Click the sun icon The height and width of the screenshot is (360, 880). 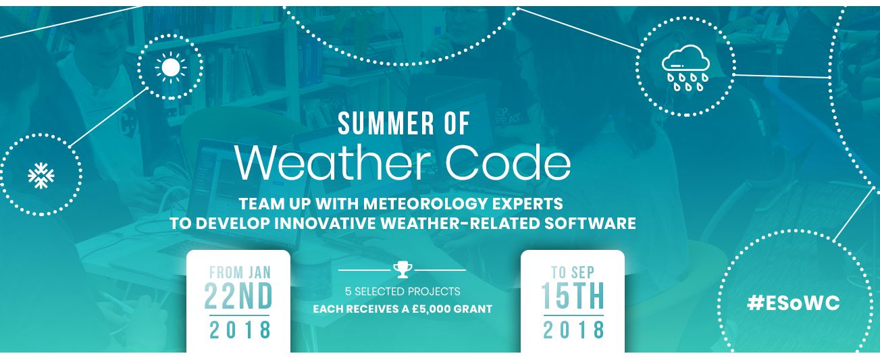(x=170, y=68)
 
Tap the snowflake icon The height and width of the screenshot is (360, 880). (x=41, y=176)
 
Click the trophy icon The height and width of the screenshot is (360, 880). (x=403, y=270)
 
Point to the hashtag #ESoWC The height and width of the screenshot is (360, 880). (x=793, y=303)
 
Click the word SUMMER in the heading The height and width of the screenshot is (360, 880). (x=386, y=124)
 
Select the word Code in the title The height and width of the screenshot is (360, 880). (x=508, y=162)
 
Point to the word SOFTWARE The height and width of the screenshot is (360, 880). (x=590, y=224)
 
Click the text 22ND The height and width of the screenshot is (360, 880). (x=238, y=296)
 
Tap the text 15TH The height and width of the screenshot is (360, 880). (x=573, y=296)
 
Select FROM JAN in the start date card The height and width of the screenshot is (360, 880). (x=240, y=272)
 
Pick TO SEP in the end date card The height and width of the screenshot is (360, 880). (x=573, y=272)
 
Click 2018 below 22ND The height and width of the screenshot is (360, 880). (x=240, y=330)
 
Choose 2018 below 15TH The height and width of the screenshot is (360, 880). (x=573, y=330)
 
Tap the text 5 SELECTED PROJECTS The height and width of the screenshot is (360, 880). (x=403, y=291)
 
